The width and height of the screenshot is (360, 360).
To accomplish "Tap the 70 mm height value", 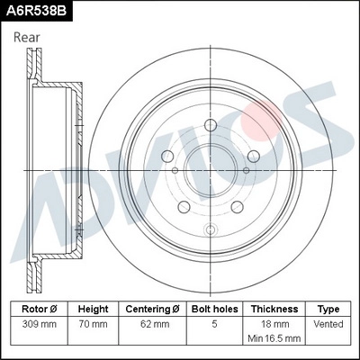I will tap(94, 323).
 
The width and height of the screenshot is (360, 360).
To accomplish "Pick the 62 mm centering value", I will tap(152, 323).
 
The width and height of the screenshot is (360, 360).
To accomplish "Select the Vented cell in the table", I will tap(328, 323).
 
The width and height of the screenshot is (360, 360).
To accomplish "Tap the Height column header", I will tap(94, 308).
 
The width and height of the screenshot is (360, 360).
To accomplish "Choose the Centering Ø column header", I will tap(152, 308).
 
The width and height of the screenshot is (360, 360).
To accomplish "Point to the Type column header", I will tap(328, 308).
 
